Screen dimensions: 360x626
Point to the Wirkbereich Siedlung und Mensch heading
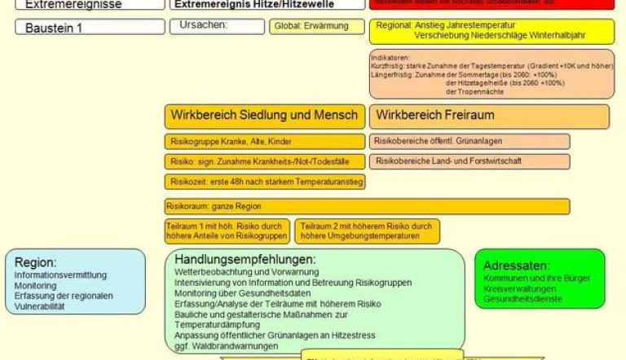click(264, 115)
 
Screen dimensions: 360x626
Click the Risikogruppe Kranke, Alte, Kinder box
click(264, 141)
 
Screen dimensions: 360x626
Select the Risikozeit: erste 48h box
click(264, 181)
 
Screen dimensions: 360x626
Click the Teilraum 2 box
click(367, 231)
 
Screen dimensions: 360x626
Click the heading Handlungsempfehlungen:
click(245, 259)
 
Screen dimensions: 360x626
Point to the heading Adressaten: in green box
click(517, 266)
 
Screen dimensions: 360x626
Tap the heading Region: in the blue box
click(35, 262)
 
